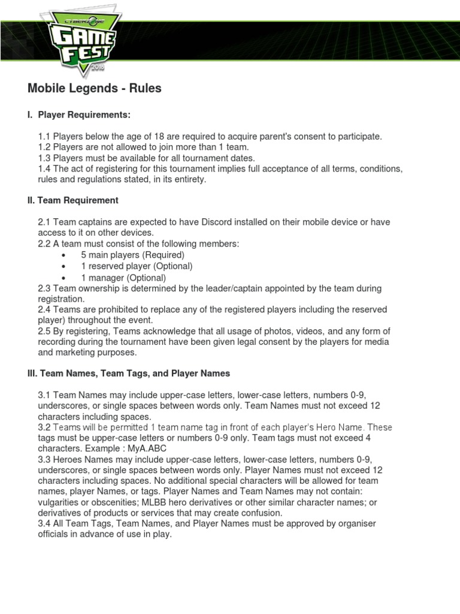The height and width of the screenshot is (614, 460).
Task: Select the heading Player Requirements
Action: click(84, 115)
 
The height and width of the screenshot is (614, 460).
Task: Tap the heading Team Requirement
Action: click(73, 200)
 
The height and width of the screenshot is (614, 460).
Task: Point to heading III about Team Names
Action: click(129, 373)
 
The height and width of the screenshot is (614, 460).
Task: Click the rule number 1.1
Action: click(44, 137)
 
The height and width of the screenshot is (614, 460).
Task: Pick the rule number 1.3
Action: click(44, 158)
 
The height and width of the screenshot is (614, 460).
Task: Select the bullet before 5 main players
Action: click(63, 255)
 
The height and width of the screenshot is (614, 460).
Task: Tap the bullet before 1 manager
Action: click(63, 278)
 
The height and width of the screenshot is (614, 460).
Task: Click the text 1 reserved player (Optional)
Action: click(137, 266)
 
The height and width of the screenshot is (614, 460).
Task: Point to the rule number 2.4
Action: click(44, 309)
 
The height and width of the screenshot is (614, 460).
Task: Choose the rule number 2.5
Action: click(44, 331)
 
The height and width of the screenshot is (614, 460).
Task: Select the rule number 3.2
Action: click(44, 427)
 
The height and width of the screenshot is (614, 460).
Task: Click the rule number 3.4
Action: click(44, 524)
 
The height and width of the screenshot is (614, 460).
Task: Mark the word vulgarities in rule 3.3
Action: click(58, 502)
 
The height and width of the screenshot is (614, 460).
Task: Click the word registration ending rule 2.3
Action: click(60, 299)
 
